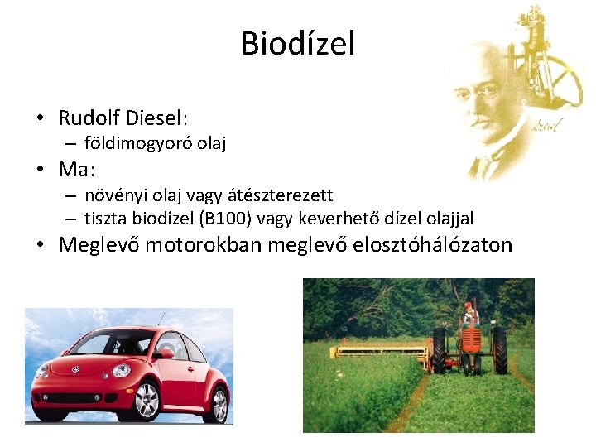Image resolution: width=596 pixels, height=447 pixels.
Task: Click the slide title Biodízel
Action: click(x=298, y=43)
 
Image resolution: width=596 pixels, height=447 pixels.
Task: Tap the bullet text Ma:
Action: click(x=77, y=170)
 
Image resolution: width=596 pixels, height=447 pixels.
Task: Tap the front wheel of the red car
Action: click(x=147, y=401)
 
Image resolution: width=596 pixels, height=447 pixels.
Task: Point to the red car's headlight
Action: click(x=122, y=370)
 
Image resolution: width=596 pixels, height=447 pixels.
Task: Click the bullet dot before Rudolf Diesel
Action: click(x=40, y=117)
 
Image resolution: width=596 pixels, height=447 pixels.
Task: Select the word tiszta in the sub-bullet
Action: click(x=107, y=219)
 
